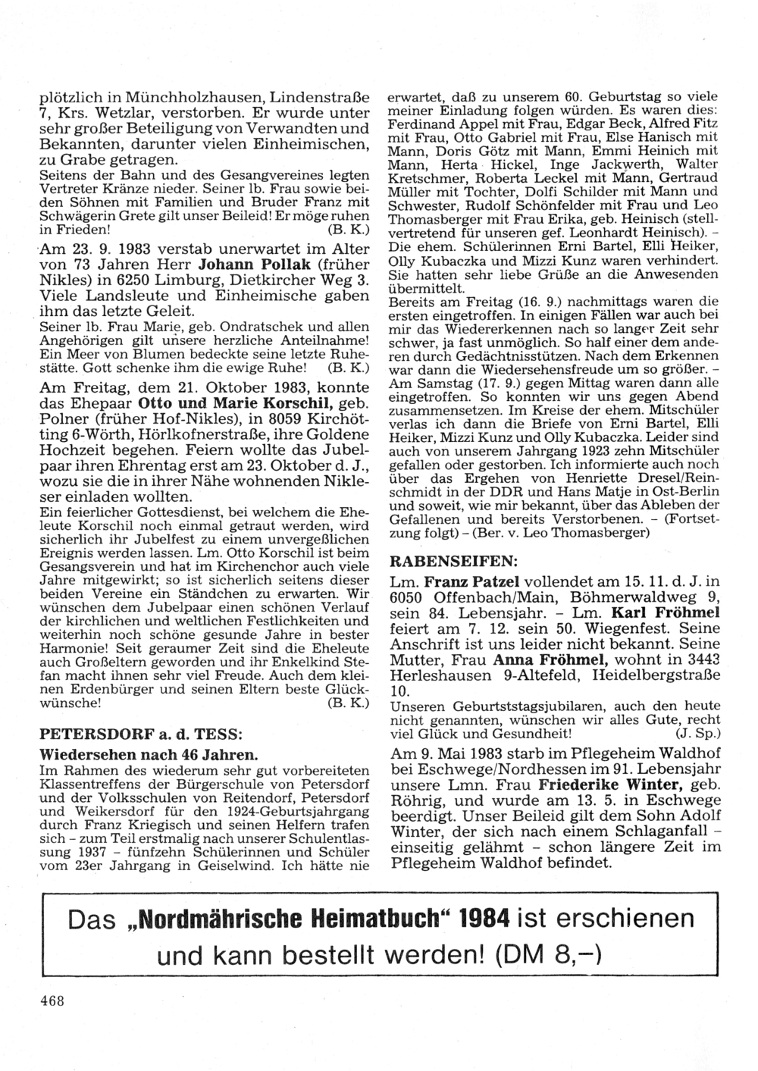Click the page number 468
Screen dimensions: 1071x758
[x=52, y=998]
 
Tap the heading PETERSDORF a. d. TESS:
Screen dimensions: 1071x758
[x=140, y=734]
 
